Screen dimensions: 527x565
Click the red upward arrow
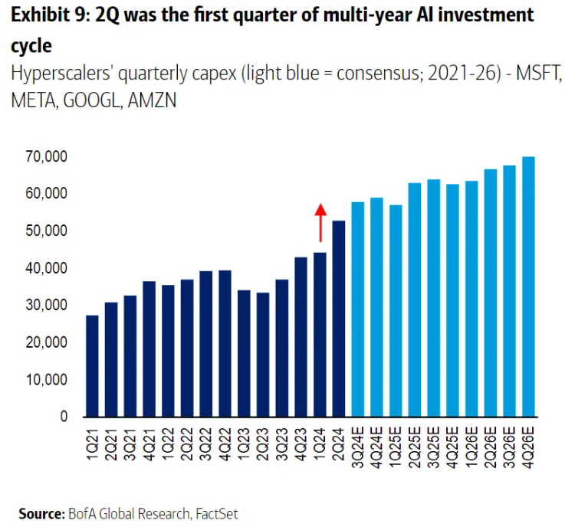[x=320, y=222]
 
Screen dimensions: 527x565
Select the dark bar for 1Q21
[x=92, y=365]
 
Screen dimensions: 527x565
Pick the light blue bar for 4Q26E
[x=528, y=286]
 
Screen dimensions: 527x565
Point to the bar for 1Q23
[x=244, y=353]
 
